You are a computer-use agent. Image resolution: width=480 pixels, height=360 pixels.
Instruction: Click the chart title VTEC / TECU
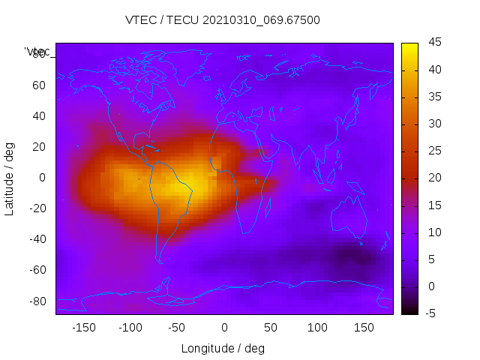223,20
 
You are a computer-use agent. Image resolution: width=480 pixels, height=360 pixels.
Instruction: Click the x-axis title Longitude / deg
223,349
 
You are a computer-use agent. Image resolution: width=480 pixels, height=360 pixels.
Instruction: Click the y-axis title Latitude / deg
10,178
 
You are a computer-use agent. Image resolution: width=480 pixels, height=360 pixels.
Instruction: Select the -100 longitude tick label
130,328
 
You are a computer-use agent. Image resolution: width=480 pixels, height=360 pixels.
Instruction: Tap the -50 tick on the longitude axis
177,328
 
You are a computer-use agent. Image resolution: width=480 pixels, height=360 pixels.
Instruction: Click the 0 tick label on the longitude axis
223,328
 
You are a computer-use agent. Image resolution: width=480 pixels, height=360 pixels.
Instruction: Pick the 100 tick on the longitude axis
317,328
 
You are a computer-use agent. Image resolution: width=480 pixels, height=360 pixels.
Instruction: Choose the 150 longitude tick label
364,328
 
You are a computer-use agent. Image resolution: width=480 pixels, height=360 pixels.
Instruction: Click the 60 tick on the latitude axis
39,85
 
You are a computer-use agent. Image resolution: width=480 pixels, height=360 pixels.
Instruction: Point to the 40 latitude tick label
39,116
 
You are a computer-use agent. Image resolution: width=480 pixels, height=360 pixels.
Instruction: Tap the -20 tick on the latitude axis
37,208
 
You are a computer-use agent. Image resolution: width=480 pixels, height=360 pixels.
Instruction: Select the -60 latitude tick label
37,270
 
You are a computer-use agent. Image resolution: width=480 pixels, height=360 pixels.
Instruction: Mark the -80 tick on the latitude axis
37,301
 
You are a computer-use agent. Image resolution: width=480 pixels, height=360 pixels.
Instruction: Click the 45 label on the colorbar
433,43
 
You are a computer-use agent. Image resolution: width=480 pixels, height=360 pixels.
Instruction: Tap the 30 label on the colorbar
433,124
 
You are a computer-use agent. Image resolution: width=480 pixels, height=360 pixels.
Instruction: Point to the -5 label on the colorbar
431,313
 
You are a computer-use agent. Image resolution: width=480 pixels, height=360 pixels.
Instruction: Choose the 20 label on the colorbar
433,178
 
